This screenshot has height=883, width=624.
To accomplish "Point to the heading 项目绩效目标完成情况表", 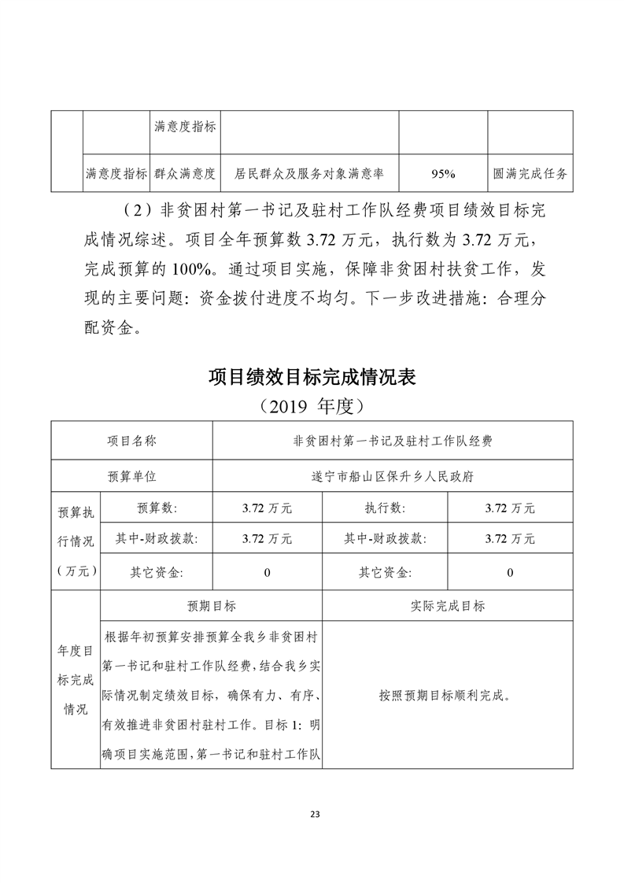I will [x=312, y=377].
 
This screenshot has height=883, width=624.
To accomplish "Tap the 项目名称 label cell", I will [x=132, y=441].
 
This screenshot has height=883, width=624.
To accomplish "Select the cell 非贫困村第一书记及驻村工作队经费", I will [x=392, y=441].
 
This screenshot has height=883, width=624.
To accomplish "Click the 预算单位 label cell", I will [x=132, y=476].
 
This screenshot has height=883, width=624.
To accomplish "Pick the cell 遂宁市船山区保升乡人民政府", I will [x=392, y=476].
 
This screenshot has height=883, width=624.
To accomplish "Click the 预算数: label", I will [x=157, y=508].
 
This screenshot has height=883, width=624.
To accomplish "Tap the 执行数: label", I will [x=385, y=508].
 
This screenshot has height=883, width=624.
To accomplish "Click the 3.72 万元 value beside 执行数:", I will [x=510, y=508].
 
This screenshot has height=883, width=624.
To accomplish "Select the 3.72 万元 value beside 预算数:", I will [x=267, y=508].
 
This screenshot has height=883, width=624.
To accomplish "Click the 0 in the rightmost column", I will [x=510, y=573].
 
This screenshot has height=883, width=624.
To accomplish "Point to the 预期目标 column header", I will [x=211, y=606].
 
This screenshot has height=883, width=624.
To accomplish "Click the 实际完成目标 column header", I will [x=447, y=606].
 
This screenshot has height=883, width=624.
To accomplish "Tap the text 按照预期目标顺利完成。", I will [x=447, y=696].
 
